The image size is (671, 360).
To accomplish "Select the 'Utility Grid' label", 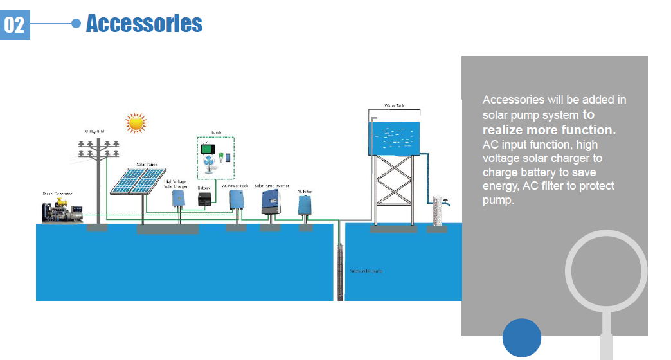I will point(94,131).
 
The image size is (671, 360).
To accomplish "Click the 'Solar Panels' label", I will point(147,164).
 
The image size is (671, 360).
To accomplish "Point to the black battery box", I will point(204,199).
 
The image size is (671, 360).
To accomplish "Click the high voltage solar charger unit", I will point(178,199).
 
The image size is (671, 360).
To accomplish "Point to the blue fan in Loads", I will point(210,165).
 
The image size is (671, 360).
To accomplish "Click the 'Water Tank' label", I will point(395,105).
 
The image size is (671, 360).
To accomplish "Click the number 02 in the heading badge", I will point(14,25).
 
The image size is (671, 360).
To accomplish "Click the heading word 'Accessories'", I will point(144,24).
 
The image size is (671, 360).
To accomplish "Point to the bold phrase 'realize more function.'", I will point(549,130).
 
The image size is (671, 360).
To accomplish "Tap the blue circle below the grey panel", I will point(522,337).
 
